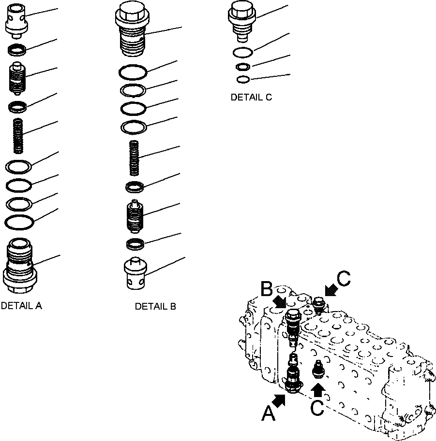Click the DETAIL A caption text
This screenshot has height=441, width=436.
pos(21,306)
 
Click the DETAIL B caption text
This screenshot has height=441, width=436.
pos(155,306)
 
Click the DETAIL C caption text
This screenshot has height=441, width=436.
pos(251,97)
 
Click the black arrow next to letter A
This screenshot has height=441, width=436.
pos(280,399)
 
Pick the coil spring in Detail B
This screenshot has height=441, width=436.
pos(135,157)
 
